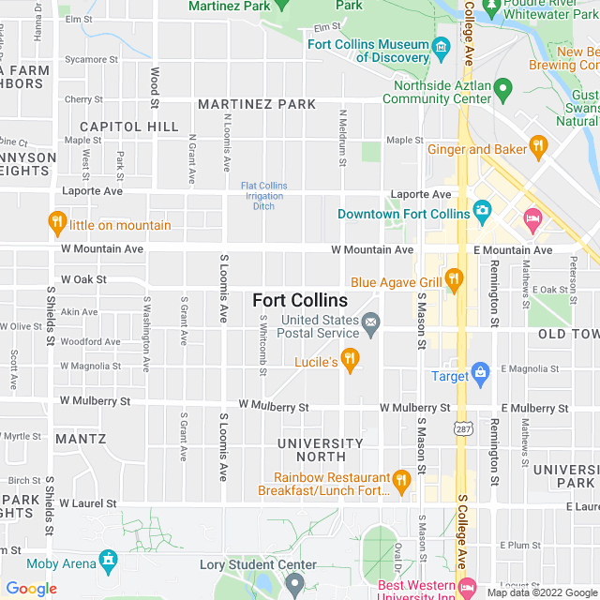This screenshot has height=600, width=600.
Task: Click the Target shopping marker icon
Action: coord(481,373)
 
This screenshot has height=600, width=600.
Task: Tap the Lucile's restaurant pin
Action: coord(351,360)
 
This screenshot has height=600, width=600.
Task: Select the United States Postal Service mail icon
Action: coord(371,325)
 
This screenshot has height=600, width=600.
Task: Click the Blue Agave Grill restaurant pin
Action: coord(454,278)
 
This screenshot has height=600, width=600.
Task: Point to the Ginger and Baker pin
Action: coord(537,146)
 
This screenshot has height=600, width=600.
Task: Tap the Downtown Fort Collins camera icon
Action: coord(482,212)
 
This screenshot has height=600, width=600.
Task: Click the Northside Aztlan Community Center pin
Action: coord(503,89)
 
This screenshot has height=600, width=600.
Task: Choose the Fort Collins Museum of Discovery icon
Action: coord(441,47)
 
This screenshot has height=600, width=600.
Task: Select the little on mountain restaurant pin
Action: coord(57,223)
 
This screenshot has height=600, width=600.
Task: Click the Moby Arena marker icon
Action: coord(109,561)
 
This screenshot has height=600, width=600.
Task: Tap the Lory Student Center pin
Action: coord(295,583)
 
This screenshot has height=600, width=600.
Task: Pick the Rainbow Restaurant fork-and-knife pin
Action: coord(402,481)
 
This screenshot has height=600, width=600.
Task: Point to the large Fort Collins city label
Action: coord(300,301)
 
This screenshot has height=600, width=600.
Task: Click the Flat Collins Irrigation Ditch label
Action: coord(264,195)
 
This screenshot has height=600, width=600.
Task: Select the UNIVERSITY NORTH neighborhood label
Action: coord(321,450)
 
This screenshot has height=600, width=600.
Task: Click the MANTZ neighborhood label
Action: coord(81,439)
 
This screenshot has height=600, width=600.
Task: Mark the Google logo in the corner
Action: coord(31,589)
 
